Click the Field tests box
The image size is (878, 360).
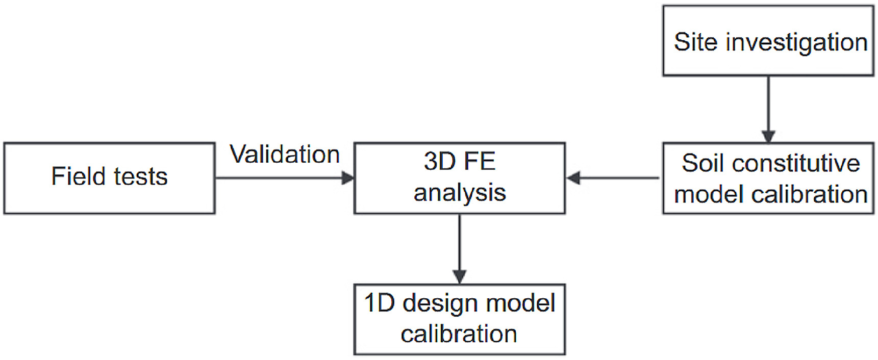coord(109,178)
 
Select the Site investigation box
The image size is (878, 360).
coord(768,41)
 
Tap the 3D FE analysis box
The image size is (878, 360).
coord(459,178)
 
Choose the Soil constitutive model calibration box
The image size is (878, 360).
coord(768,178)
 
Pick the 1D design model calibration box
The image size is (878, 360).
coord(459,319)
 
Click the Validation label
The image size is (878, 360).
coord(285,154)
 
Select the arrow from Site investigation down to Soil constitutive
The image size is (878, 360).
coord(768,109)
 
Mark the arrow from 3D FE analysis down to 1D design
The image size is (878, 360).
coord(459,248)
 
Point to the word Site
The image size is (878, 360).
coord(695,42)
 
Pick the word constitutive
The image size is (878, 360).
coord(795,163)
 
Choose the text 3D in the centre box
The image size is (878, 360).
coord(440,162)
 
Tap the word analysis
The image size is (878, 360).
coord(459,193)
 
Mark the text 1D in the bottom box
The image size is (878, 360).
coord(380,303)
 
